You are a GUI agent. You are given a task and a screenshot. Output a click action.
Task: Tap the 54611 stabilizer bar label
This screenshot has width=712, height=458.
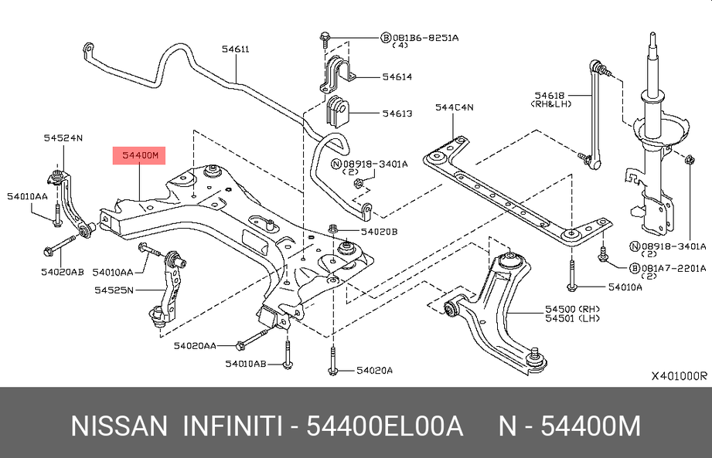(235, 49)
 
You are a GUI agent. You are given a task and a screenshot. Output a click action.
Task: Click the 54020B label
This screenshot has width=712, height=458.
(378, 231)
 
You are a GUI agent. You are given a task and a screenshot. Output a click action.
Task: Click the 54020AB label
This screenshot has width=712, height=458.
(63, 272)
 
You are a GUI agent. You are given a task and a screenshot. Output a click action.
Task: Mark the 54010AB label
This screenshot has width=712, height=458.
(246, 363)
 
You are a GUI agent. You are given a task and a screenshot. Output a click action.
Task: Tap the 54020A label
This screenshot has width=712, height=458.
(374, 371)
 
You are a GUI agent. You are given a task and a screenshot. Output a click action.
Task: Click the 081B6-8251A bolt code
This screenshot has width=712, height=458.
(424, 37)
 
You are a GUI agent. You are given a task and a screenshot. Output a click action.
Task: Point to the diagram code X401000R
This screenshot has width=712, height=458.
(679, 376)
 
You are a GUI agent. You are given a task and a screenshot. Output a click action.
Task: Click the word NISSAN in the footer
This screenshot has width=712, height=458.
(118, 426)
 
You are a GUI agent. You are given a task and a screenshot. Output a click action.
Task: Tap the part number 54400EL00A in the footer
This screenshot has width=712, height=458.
(384, 426)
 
